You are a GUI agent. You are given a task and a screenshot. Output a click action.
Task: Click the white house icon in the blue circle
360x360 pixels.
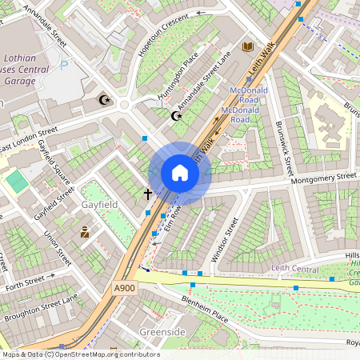180,173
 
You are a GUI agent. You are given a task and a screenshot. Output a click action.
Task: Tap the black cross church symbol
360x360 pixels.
147,193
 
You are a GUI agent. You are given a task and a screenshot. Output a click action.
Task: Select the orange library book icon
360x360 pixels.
248,47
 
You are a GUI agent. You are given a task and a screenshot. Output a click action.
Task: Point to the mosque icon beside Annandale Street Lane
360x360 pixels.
177,116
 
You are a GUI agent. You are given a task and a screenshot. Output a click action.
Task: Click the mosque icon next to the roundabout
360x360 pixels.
102,99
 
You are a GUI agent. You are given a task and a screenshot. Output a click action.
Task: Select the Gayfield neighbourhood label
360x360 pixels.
99,205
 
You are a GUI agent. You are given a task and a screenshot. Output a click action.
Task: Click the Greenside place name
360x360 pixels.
162,331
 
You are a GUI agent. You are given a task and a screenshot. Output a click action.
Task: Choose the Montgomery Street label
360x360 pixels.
323,178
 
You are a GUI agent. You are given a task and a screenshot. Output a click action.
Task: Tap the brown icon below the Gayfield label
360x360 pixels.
85,232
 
